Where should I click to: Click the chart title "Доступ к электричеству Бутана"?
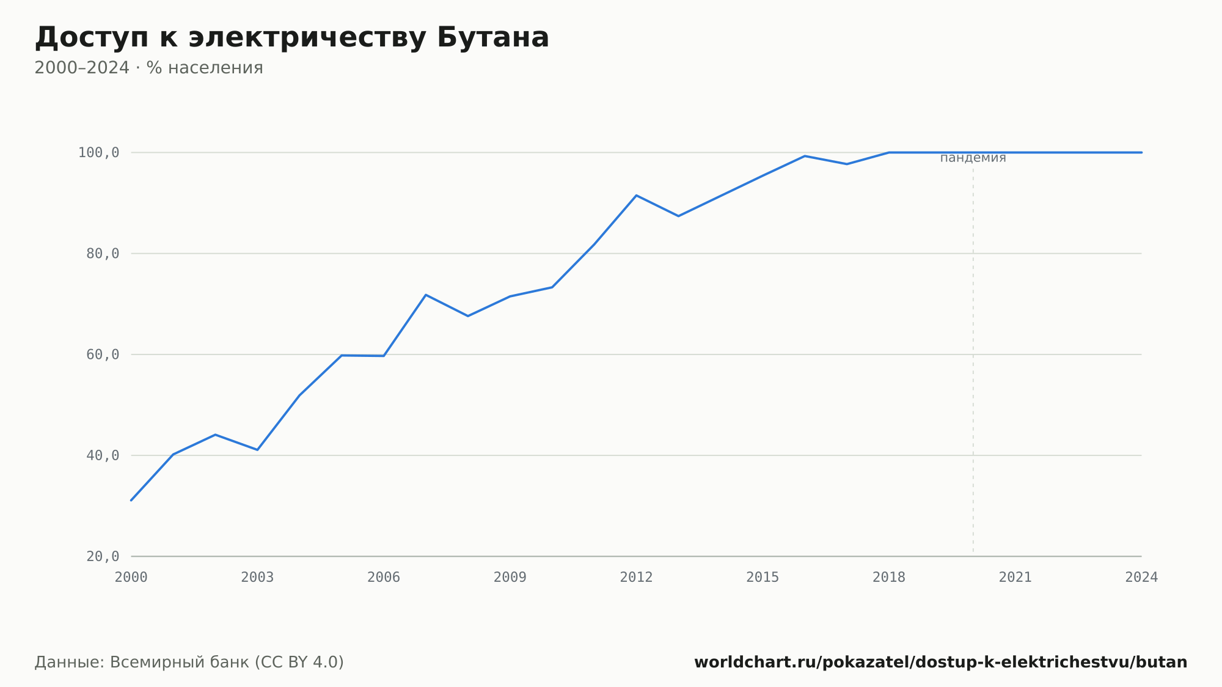(x=291, y=38)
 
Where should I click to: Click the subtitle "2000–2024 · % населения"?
(x=148, y=68)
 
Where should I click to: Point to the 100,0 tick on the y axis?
(x=98, y=153)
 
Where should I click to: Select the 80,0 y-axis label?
(x=103, y=254)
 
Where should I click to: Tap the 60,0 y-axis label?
(x=103, y=355)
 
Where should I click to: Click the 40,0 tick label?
(x=103, y=455)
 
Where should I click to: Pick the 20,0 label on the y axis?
(x=103, y=556)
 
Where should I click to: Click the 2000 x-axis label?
(x=131, y=578)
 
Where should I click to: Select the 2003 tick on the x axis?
(x=257, y=578)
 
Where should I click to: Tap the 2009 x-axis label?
(x=510, y=578)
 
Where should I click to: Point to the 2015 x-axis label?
(x=763, y=578)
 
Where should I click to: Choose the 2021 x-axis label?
(x=1015, y=578)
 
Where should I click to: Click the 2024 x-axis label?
(x=1141, y=578)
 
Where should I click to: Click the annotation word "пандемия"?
(x=973, y=158)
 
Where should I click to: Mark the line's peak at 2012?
(x=636, y=196)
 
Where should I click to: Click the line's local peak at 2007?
(x=426, y=295)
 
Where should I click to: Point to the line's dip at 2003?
(x=257, y=450)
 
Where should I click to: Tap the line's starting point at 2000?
(x=131, y=500)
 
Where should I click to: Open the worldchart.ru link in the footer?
(x=941, y=663)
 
